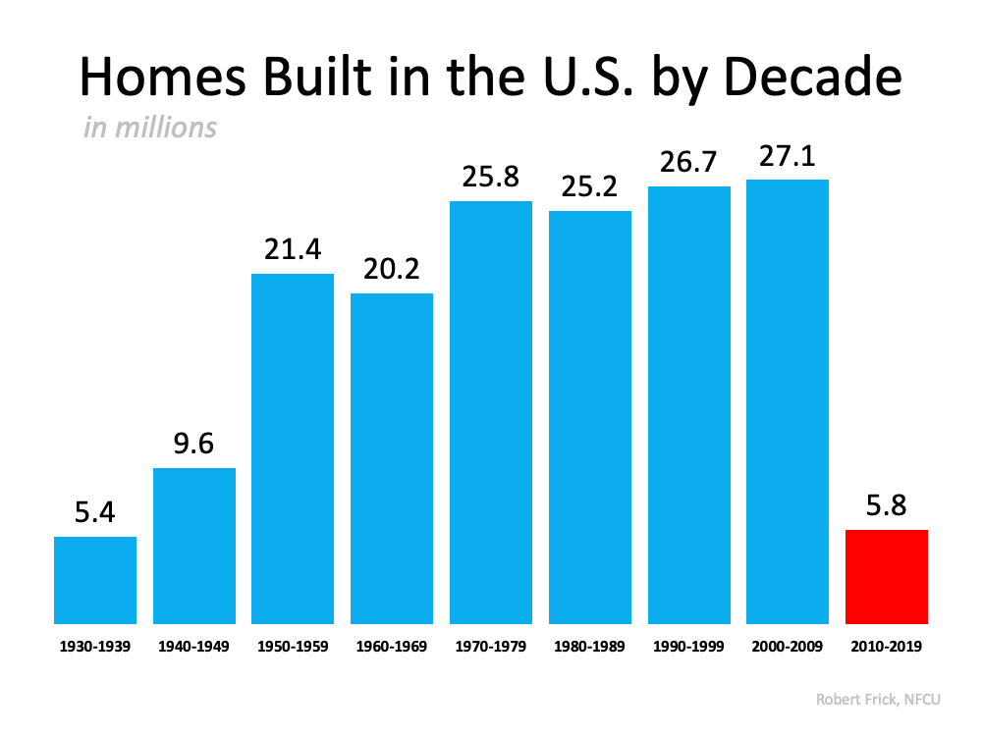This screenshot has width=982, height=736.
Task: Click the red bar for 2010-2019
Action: click(887, 577)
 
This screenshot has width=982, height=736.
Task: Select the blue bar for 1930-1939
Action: click(95, 580)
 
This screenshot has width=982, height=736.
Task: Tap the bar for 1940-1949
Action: click(194, 546)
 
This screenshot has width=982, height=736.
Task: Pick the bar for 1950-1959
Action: click(293, 448)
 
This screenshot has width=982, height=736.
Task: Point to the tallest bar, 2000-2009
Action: click(788, 401)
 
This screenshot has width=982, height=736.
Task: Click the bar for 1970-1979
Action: click(491, 412)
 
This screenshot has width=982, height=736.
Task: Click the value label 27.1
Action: click(788, 156)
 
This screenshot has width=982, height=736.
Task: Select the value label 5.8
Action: click(887, 507)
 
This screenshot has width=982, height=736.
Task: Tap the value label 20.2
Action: click(392, 270)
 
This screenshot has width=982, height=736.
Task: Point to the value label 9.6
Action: click(194, 445)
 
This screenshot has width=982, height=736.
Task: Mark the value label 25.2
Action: click(590, 187)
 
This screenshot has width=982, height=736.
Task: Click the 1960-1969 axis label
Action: click(392, 648)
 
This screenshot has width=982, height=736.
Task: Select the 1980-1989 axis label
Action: click(590, 648)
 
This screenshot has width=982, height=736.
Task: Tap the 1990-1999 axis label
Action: click(689, 648)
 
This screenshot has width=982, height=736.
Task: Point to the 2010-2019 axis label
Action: click(887, 648)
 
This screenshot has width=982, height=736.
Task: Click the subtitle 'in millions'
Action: click(150, 128)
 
